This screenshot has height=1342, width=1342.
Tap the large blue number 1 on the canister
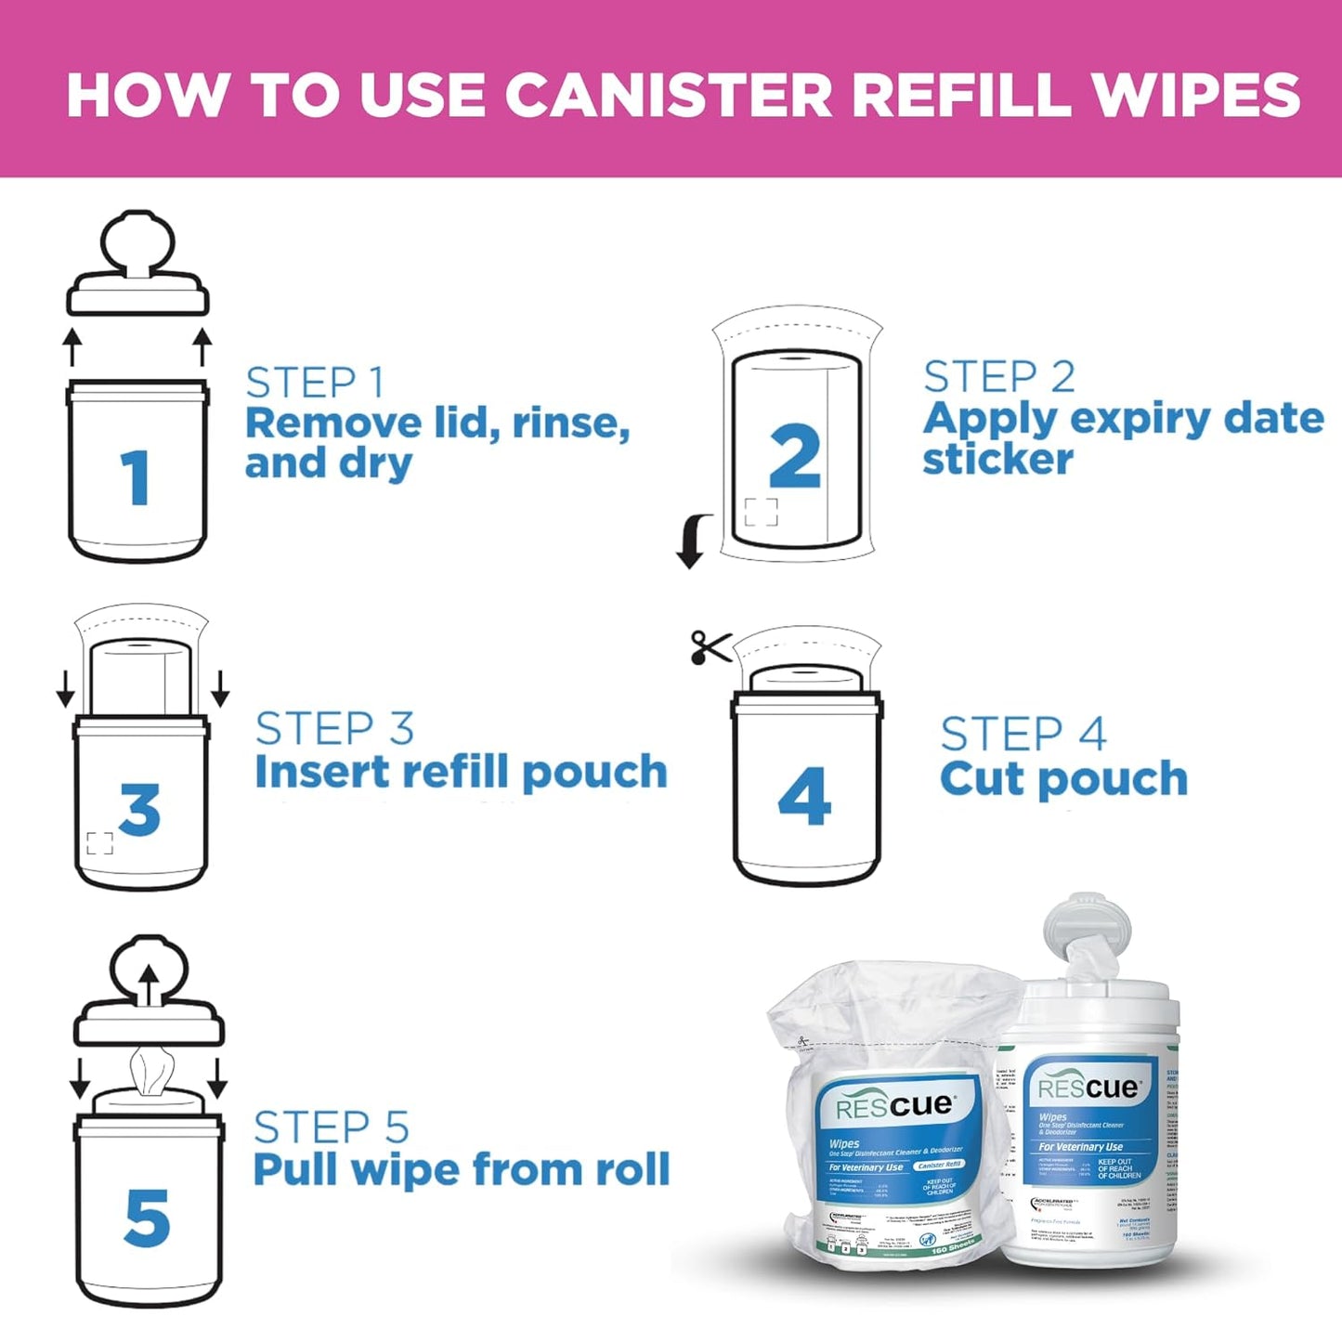137,477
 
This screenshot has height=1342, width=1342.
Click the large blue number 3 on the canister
140,809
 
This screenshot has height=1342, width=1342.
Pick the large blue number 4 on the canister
804,796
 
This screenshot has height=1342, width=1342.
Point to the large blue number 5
147,1218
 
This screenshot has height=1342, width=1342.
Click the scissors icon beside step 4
710,647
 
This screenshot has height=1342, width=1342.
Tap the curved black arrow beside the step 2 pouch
693,541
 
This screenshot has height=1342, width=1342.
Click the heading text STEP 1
315,383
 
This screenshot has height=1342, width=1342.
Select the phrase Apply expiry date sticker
1122,437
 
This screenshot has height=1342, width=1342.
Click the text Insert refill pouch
461,772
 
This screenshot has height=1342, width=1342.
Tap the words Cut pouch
1063,778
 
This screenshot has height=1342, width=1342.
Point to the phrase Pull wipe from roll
461,1169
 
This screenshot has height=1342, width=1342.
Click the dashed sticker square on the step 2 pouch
761,512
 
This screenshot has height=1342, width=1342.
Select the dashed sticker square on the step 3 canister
99,843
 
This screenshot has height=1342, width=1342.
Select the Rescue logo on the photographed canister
1088,1088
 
